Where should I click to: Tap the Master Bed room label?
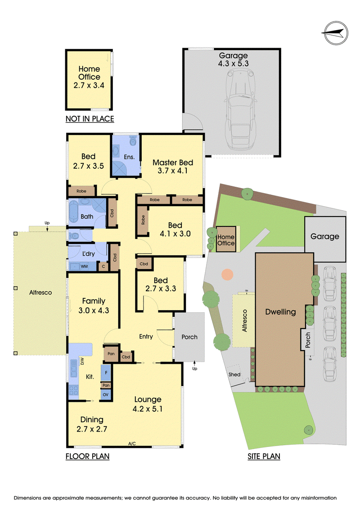tap(173, 162)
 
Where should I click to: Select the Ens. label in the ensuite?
tap(129, 157)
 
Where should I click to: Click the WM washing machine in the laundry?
tap(84, 266)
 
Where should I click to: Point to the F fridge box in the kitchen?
tap(106, 373)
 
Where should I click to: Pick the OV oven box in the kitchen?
tap(106, 395)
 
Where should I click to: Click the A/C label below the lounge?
tap(132, 443)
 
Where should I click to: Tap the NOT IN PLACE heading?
tap(90, 119)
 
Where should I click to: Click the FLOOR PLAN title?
tap(87, 456)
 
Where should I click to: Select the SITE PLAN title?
tap(264, 456)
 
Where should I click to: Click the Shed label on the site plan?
tap(234, 374)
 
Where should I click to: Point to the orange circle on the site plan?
tap(227, 274)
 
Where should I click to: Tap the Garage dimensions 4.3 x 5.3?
tap(234, 63)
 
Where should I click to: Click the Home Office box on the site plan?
tap(226, 239)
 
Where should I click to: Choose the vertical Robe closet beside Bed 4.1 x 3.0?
tap(143, 221)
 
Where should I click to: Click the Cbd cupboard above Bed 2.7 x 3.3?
tap(144, 264)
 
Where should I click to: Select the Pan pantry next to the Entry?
tap(111, 353)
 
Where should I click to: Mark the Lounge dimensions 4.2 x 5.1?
tap(148, 409)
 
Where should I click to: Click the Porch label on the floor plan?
tap(189, 337)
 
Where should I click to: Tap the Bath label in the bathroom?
tap(87, 216)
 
